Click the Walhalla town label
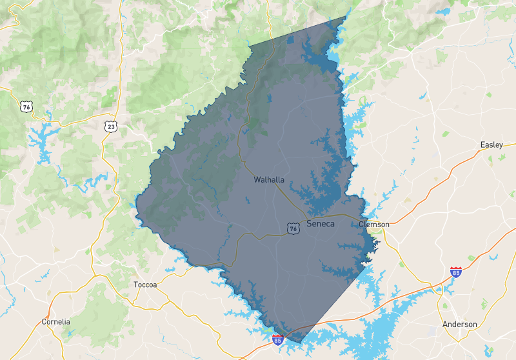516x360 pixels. (x=269, y=180)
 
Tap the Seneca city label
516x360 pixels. (x=321, y=224)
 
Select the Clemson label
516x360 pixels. (x=374, y=225)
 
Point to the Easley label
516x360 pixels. (x=491, y=145)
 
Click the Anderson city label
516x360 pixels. (x=460, y=324)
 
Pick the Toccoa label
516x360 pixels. (x=145, y=285)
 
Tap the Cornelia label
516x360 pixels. (x=55, y=321)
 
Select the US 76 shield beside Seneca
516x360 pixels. (x=293, y=228)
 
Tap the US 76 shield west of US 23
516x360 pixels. (x=26, y=106)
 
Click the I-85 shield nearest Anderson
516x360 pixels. (x=456, y=272)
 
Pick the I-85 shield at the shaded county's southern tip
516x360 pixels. (x=278, y=339)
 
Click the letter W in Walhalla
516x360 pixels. (x=257, y=180)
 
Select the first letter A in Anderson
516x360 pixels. (x=445, y=324)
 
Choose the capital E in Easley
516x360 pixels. (x=482, y=145)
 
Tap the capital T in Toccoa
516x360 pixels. (x=135, y=285)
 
